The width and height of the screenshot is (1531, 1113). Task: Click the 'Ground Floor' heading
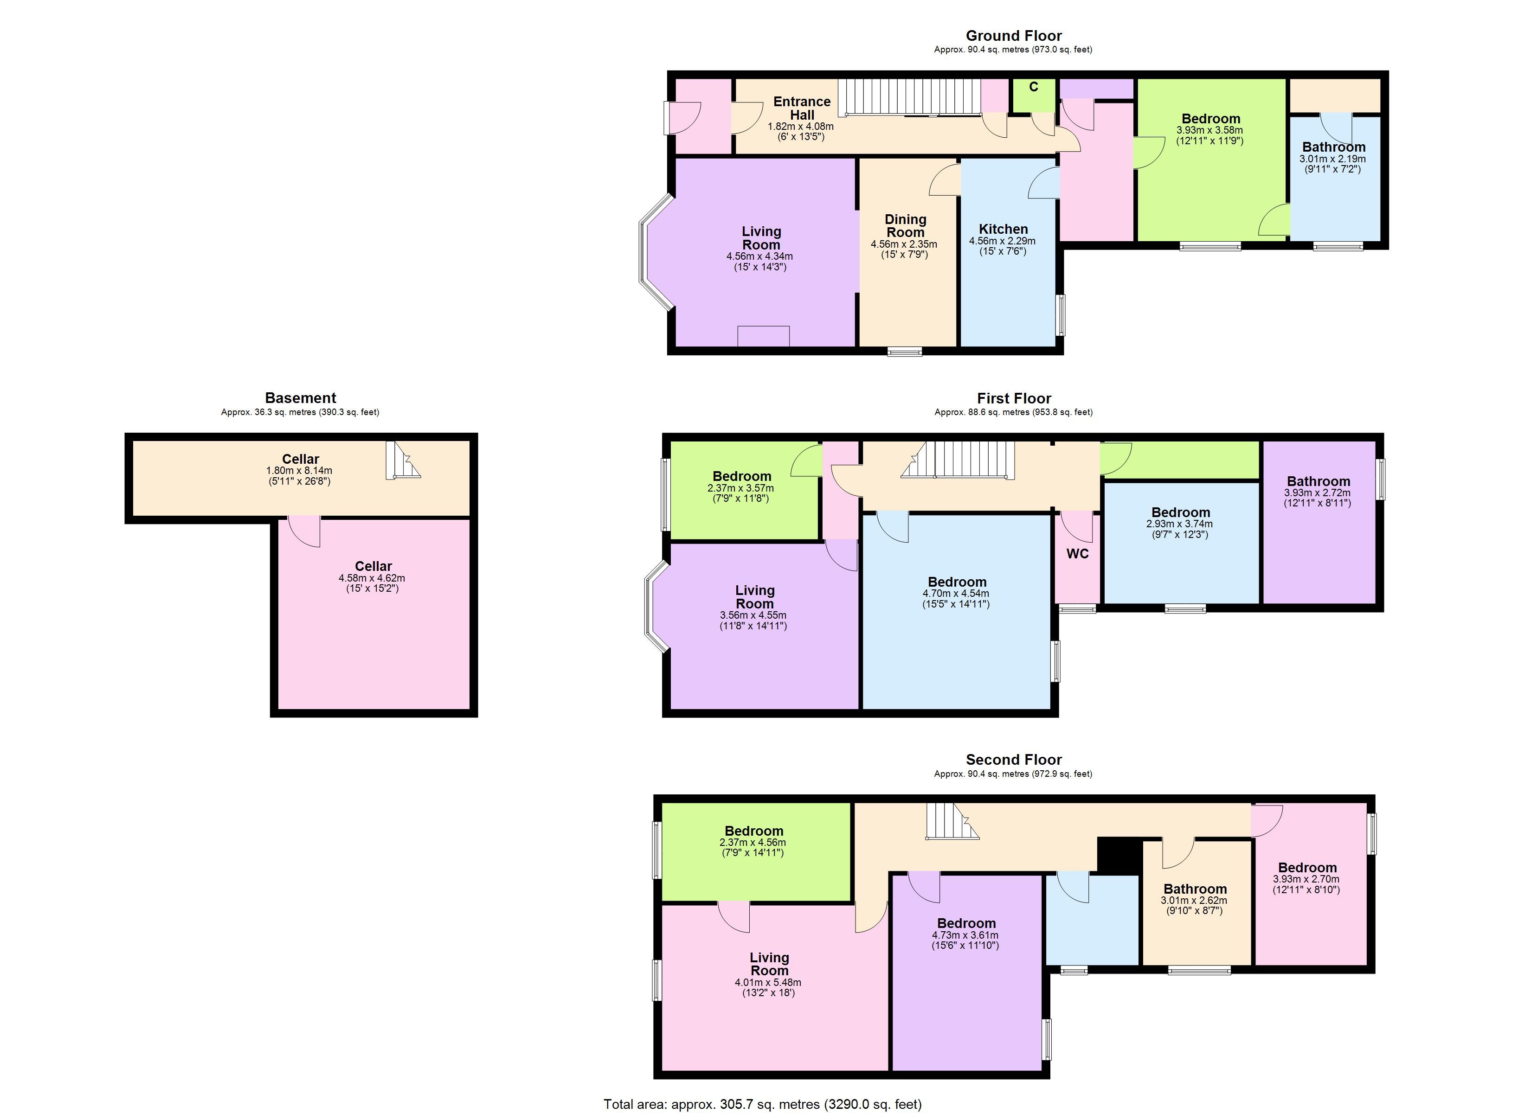(x=1013, y=36)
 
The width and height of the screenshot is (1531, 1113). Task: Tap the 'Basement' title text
(x=300, y=398)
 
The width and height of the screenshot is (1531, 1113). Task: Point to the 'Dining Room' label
(x=905, y=225)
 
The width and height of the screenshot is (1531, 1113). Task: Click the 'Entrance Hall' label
(x=802, y=108)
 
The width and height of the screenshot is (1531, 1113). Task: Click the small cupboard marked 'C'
(x=1034, y=95)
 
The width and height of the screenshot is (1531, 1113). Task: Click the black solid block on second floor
(x=1119, y=855)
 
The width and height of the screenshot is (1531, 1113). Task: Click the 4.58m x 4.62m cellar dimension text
(x=372, y=578)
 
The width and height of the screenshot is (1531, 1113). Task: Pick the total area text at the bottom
(x=762, y=1104)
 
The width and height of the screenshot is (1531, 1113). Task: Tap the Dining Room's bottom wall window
(x=905, y=352)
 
